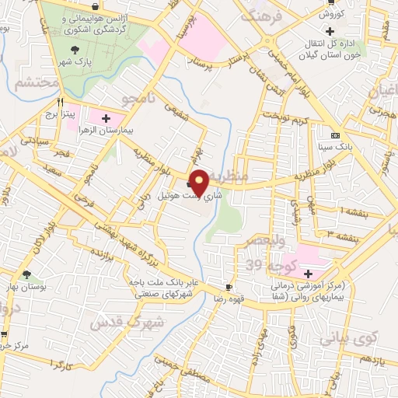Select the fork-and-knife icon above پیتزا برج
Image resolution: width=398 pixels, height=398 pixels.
(60, 102)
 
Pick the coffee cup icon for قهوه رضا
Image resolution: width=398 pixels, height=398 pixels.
(228, 287)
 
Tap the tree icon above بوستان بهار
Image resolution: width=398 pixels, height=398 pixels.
(27, 274)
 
